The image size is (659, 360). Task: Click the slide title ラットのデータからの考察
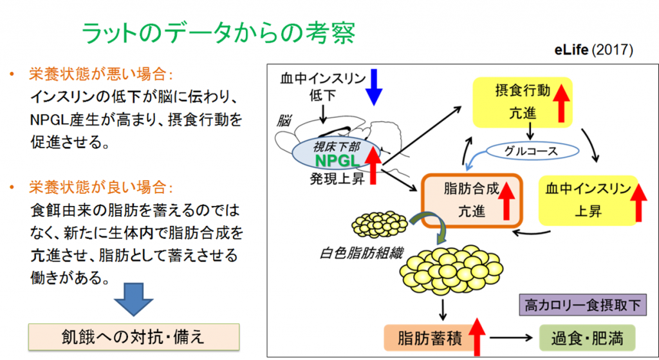coord(218,33)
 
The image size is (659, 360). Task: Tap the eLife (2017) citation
coord(593,50)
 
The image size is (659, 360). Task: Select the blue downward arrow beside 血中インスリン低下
coord(374,87)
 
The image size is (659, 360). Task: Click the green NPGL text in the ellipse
coord(337,160)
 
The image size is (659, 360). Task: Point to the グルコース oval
coord(532,151)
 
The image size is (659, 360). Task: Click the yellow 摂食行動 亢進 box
coord(523,102)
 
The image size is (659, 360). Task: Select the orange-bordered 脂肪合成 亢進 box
coord(472,200)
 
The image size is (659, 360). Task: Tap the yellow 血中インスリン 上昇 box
coord(588,200)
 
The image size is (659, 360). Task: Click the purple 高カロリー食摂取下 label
coord(582,305)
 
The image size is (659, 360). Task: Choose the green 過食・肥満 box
coord(587,337)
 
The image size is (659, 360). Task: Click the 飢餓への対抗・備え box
coord(134,337)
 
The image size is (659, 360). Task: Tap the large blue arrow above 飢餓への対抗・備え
coord(134,299)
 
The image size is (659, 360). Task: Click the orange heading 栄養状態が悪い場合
coord(100,75)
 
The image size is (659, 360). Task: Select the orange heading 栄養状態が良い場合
coord(100,187)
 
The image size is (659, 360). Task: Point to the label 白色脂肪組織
coord(361,253)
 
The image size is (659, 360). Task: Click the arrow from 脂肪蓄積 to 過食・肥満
coord(511,337)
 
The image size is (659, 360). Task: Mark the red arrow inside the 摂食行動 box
coord(561,102)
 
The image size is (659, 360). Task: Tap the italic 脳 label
coord(284,120)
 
